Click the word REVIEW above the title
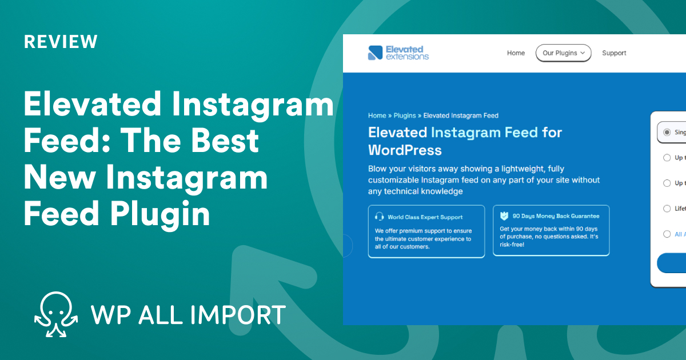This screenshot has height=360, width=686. point(61,42)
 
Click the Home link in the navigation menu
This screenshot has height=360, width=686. point(516,53)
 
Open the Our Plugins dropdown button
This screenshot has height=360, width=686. point(563,53)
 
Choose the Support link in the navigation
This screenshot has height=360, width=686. point(614,53)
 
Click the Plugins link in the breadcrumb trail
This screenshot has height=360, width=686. point(405,115)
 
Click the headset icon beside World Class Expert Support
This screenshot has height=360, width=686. point(380,217)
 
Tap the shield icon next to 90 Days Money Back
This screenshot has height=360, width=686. point(504,217)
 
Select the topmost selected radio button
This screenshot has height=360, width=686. point(667,132)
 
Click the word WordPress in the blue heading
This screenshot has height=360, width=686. point(405,150)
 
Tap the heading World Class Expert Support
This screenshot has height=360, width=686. point(425,217)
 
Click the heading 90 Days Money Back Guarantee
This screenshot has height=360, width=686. point(556,217)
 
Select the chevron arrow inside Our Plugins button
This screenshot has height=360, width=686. point(583,53)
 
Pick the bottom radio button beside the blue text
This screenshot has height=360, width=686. point(667,234)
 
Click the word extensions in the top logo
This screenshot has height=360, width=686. point(407,57)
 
